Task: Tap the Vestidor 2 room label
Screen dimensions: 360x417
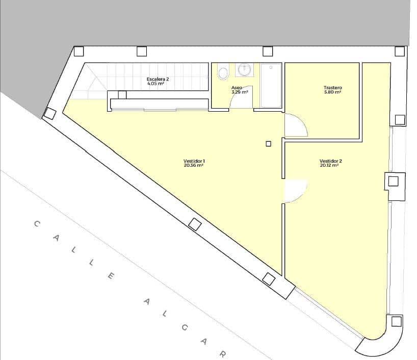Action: (x=330, y=161)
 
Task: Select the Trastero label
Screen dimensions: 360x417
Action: (x=332, y=87)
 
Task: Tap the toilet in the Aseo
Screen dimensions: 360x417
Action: (x=223, y=73)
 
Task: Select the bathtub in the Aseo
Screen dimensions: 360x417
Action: (x=271, y=85)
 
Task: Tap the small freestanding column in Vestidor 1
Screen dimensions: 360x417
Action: (x=269, y=144)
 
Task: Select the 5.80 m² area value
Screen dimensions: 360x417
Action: (x=332, y=92)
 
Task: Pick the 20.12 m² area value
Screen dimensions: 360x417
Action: (x=330, y=165)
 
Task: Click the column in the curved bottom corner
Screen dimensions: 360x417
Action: (x=395, y=322)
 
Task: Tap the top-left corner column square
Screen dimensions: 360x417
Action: (x=79, y=51)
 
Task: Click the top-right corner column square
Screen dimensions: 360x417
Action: (x=400, y=51)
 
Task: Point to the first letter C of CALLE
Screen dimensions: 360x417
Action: (x=37, y=224)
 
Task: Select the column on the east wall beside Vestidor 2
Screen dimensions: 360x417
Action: (x=394, y=181)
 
